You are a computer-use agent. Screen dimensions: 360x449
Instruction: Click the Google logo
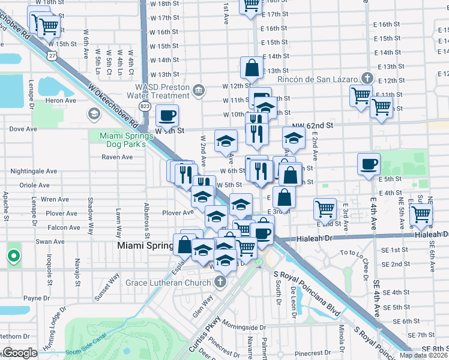pos(20,353)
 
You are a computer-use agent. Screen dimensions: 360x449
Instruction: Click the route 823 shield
pos(145,106)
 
